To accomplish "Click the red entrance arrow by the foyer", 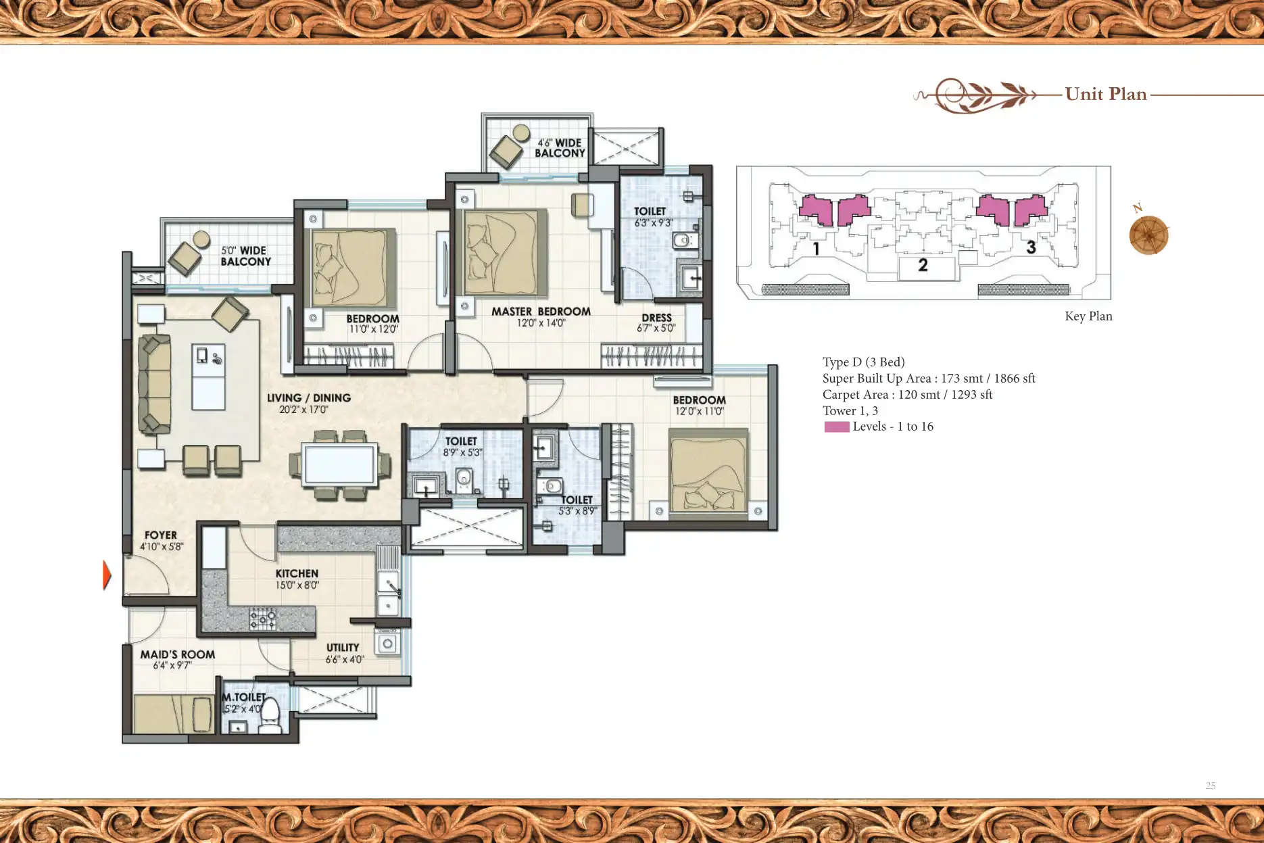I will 107,575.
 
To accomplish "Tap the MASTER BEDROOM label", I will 541,312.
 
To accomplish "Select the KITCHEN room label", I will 297,573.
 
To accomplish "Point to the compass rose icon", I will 1148,235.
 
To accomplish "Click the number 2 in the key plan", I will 923,265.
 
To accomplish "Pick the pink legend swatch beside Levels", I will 837,427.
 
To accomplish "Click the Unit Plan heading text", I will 1106,94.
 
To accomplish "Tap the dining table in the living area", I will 339,465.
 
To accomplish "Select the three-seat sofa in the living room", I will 155,383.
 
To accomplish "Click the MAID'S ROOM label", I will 178,654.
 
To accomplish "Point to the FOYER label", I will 161,535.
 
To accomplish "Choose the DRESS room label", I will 656,317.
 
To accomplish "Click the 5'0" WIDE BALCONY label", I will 245,256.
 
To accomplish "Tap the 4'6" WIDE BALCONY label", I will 560,148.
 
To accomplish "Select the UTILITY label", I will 343,648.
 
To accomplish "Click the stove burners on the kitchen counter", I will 262,617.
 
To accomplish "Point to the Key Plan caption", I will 1088,316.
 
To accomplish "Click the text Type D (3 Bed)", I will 863,362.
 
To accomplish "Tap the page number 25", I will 1211,786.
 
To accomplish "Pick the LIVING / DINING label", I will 309,398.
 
